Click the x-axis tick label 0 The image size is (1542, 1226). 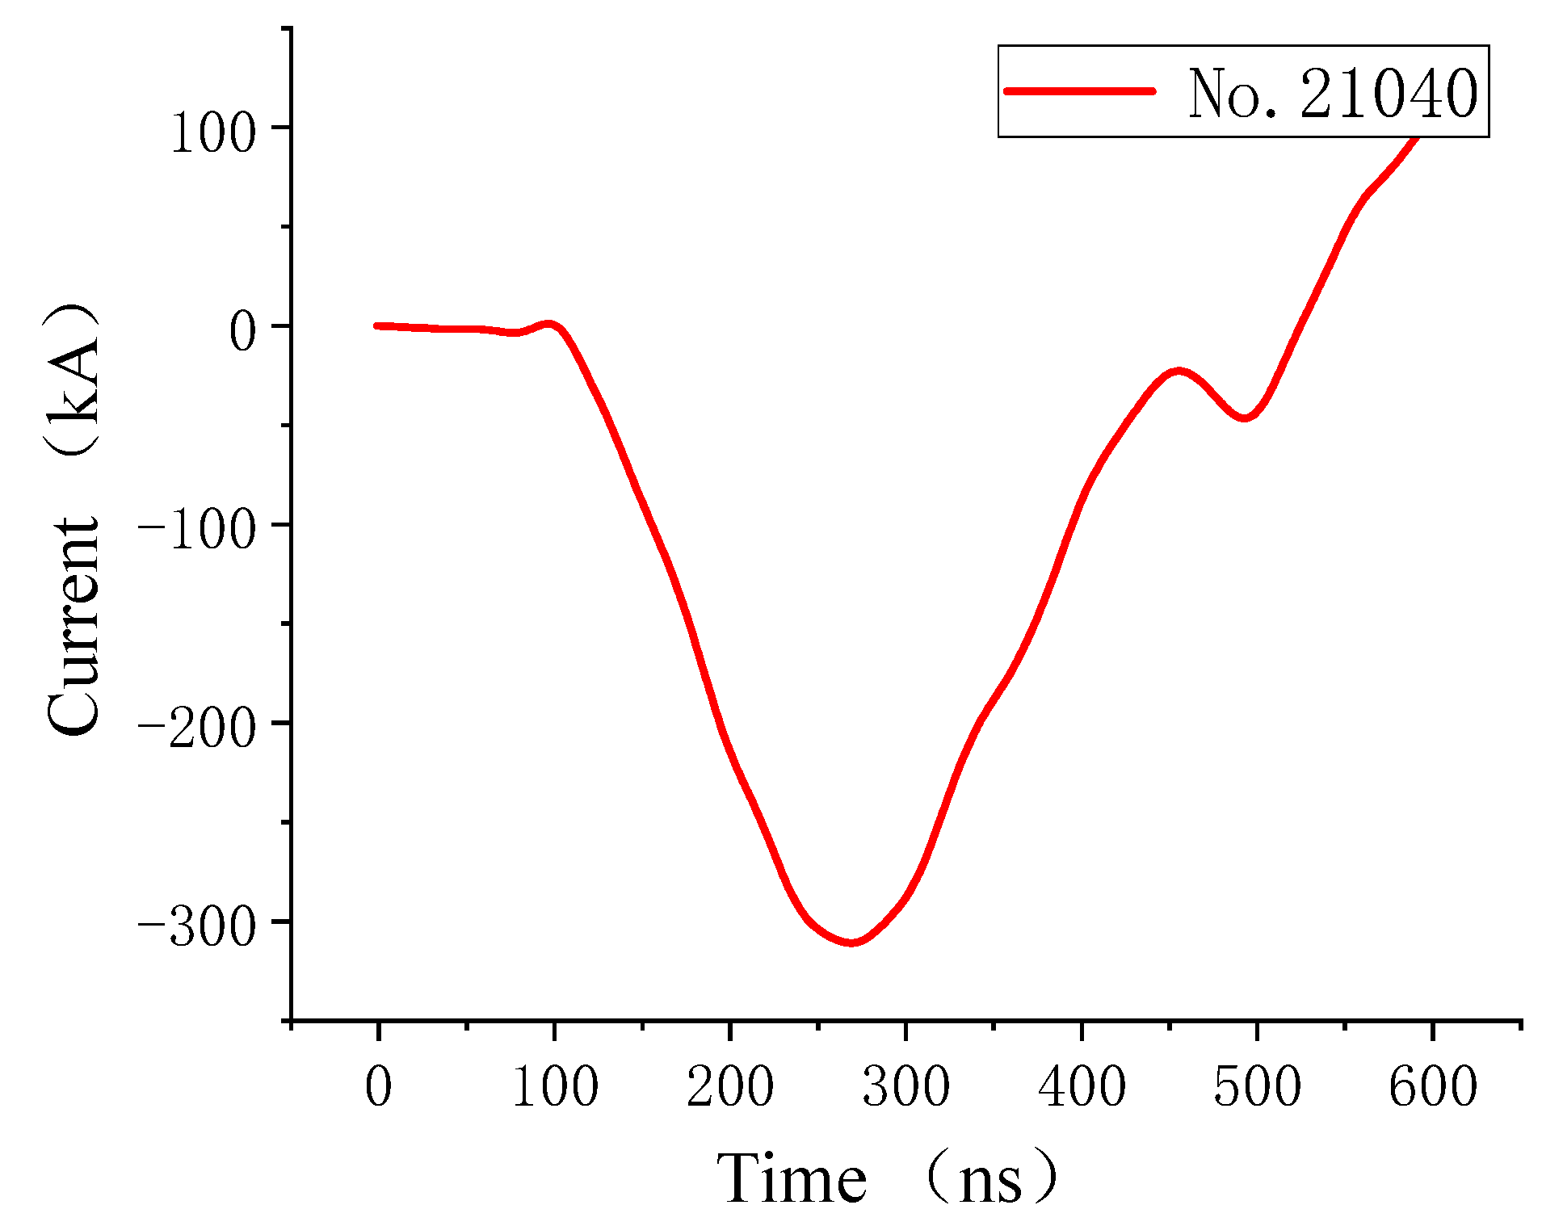[x=378, y=1086]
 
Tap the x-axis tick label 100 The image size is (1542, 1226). [x=555, y=1086]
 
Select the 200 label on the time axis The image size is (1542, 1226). [x=730, y=1086]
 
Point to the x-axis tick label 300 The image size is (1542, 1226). [x=905, y=1086]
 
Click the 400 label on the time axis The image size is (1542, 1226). [x=1082, y=1086]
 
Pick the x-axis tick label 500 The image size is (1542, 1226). [x=1257, y=1086]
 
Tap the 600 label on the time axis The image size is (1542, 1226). [x=1433, y=1086]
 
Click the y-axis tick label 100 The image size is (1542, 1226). [x=212, y=132]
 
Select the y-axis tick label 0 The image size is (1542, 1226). [x=242, y=331]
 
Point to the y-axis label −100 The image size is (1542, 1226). [x=196, y=530]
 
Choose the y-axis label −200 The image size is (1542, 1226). [x=196, y=728]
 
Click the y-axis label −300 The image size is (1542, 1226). [x=196, y=926]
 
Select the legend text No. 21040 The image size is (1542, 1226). [x=1332, y=94]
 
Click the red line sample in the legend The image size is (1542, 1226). [x=1079, y=90]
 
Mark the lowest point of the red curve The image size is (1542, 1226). [x=851, y=943]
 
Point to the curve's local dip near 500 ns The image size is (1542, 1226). [x=1245, y=418]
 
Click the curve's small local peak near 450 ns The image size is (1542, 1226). [x=1179, y=371]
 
